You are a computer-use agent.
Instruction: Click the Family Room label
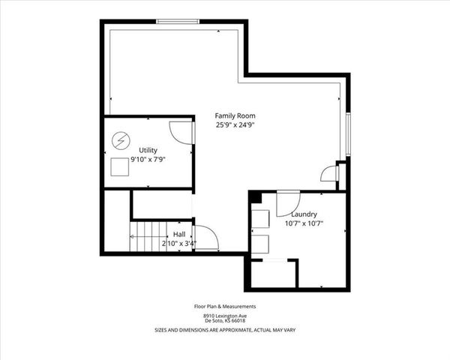pos(235,115)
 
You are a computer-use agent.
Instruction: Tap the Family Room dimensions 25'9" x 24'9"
pos(235,125)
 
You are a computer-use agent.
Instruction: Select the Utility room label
pos(148,150)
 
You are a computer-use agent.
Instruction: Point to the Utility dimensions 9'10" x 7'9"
pos(148,160)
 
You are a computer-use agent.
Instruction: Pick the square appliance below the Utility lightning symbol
pos(120,166)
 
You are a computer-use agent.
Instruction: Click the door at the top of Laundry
pos(288,202)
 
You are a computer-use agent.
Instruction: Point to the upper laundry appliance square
pos(260,217)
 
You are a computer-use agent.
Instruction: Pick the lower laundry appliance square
pos(260,243)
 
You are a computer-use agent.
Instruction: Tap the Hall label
pos(179,234)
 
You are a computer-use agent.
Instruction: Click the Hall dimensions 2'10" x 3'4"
pos(179,244)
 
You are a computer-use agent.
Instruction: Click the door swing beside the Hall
pos(205,238)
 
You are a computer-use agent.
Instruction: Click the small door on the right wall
pos(330,175)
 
